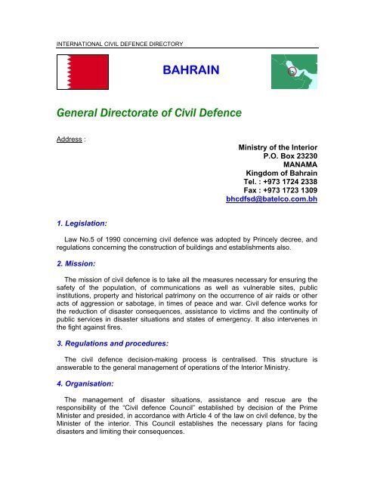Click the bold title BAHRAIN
[x=190, y=72]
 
